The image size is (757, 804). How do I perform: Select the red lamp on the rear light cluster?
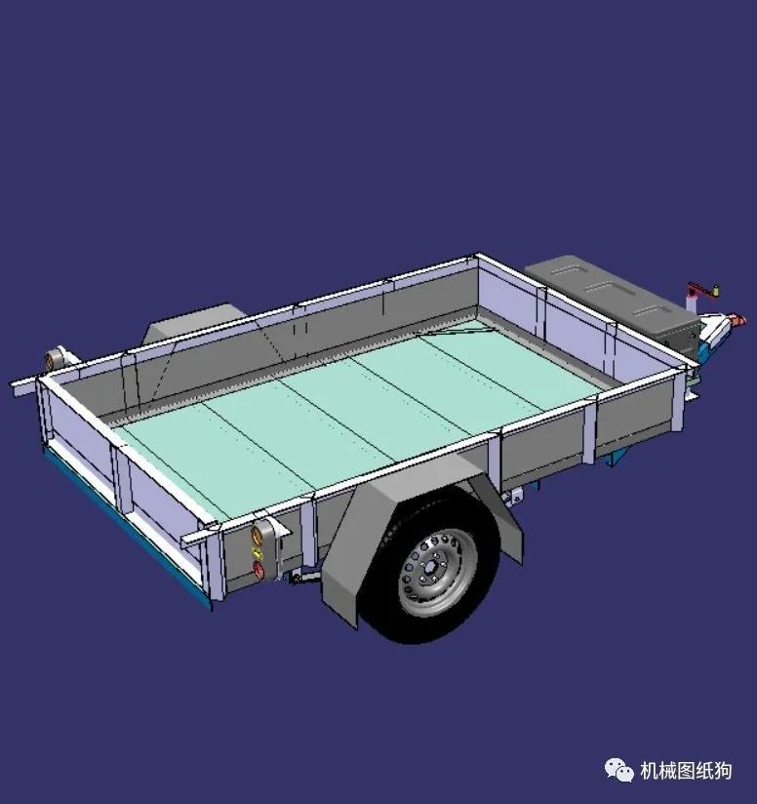[x=259, y=571]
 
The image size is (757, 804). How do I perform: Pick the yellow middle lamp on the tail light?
[x=259, y=553]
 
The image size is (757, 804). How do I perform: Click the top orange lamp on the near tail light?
[x=260, y=533]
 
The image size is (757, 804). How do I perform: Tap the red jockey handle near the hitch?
[x=699, y=290]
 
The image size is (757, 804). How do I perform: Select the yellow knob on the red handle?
[x=715, y=289]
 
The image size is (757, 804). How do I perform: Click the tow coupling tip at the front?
[x=738, y=319]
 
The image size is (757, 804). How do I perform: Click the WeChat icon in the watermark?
[x=620, y=771]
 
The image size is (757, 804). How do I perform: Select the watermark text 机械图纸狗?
[x=685, y=771]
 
